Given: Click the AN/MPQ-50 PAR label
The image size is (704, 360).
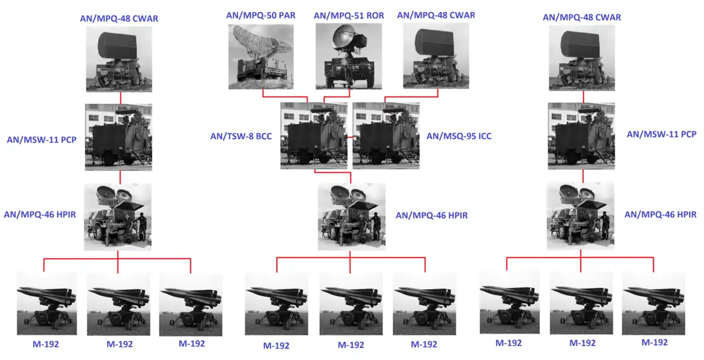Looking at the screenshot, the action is click(x=261, y=15).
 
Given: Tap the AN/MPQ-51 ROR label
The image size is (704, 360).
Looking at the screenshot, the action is click(x=349, y=15).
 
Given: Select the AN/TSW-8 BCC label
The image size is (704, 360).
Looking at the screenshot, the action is click(x=241, y=136).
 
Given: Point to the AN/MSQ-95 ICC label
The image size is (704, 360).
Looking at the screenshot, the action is click(x=459, y=136).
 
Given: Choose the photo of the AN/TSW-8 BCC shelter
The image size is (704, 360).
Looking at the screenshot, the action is click(x=314, y=136).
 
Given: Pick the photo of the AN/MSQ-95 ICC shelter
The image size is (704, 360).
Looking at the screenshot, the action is click(x=386, y=136).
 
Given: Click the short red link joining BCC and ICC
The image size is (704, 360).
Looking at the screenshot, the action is click(x=350, y=136).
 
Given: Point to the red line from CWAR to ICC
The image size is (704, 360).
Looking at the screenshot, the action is click(x=411, y=96).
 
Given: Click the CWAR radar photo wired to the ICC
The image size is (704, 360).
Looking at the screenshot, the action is click(x=436, y=56).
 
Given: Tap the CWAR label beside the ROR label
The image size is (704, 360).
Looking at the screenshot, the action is click(x=436, y=15).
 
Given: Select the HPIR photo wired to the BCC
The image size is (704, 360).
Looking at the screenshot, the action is click(x=351, y=217).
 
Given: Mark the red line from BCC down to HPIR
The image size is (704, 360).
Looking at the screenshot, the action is click(x=333, y=172).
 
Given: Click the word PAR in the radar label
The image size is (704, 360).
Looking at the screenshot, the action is click(x=287, y=15).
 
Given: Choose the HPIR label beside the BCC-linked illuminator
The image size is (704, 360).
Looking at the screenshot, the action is click(x=432, y=215).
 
